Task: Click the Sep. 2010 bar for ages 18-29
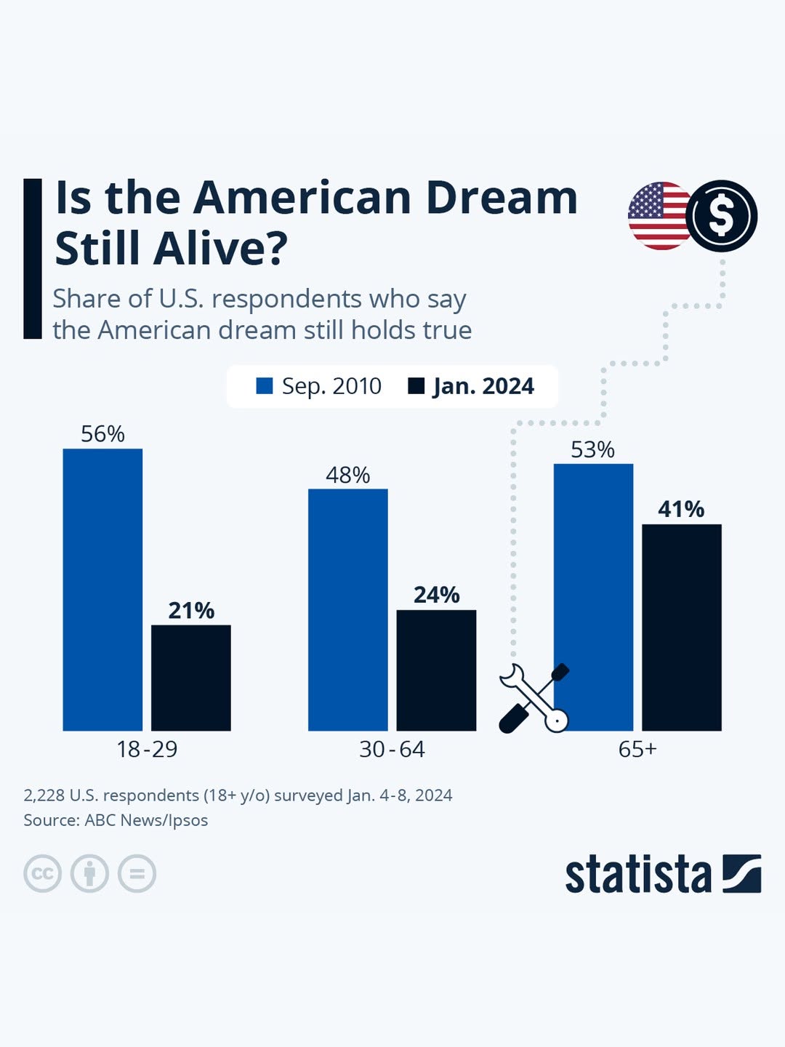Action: (102, 589)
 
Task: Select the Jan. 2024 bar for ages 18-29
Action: (190, 678)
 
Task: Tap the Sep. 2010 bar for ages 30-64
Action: (347, 609)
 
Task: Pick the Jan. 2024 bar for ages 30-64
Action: (436, 670)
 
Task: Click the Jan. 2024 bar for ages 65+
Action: (681, 627)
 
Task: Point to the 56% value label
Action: (102, 434)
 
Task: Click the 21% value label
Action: (191, 611)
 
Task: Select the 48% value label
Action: (347, 476)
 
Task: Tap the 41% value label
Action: (681, 509)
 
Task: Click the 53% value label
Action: (592, 450)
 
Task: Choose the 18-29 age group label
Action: (147, 749)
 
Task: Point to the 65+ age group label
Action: (637, 749)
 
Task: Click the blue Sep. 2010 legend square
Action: (265, 386)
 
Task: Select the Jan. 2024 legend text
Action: (483, 386)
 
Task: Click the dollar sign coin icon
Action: (721, 216)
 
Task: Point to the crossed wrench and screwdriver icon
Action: (534, 698)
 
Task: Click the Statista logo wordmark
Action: (638, 874)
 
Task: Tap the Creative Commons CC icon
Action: (42, 873)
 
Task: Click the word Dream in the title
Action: (501, 198)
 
